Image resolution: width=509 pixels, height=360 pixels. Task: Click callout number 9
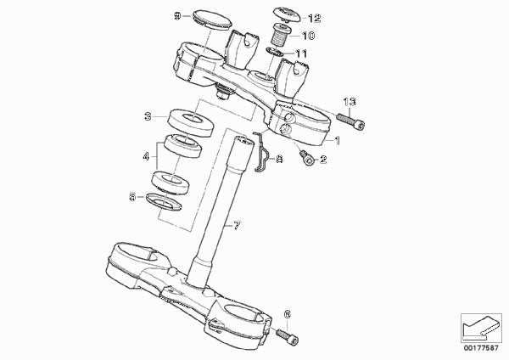[x=177, y=15]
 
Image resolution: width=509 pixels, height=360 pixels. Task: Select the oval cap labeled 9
[x=213, y=20]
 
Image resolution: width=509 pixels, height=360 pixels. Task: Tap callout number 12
[x=314, y=19]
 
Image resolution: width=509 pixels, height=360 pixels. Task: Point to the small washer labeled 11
[x=274, y=52]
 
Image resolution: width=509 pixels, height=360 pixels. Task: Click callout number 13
[x=350, y=102]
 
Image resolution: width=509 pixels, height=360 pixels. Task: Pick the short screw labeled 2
[x=307, y=157]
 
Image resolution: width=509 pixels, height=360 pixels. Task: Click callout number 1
[x=338, y=141]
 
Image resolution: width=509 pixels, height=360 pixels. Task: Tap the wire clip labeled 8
[x=262, y=151]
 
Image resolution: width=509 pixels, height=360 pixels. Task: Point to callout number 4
[x=146, y=156]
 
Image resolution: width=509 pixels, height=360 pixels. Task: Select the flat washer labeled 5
[x=164, y=201]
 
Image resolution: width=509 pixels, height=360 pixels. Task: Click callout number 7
[x=237, y=225]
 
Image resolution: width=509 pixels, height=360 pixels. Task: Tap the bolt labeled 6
[x=288, y=336]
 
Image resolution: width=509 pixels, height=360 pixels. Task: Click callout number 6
[x=288, y=314]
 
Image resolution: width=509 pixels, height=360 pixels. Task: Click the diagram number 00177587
[x=481, y=348]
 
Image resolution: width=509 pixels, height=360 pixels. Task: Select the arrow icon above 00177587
[x=481, y=328]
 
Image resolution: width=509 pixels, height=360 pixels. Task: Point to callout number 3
[x=148, y=116]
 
